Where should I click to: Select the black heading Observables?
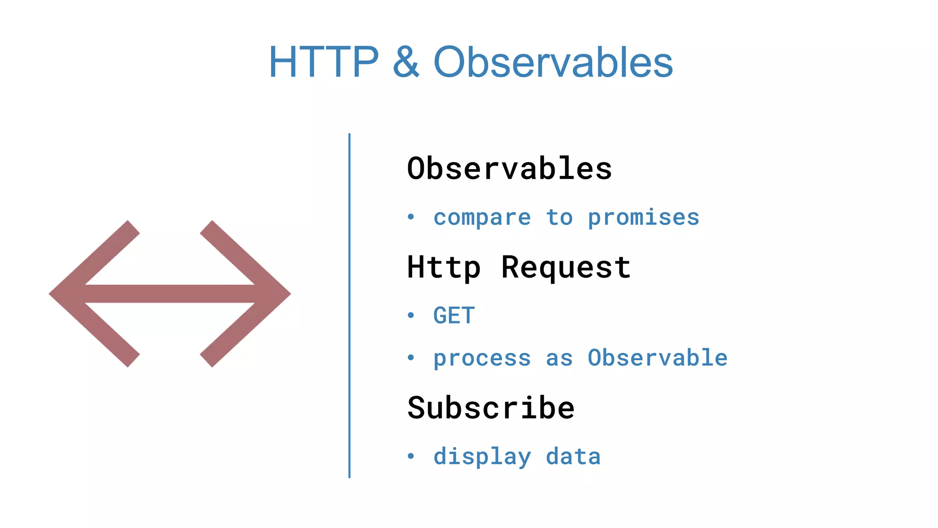(509, 168)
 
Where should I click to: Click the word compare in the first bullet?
(482, 217)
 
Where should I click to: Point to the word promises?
(644, 217)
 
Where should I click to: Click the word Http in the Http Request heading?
(444, 267)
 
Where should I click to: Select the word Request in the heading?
(566, 267)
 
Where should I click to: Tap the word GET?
(454, 315)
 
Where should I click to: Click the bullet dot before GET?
(411, 315)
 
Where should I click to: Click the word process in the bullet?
(482, 358)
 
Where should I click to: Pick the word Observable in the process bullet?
(657, 358)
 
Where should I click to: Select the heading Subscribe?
(491, 407)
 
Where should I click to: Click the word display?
(482, 456)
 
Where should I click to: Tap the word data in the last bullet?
(573, 456)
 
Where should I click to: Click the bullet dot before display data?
(411, 456)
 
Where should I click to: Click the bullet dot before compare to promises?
(411, 217)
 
